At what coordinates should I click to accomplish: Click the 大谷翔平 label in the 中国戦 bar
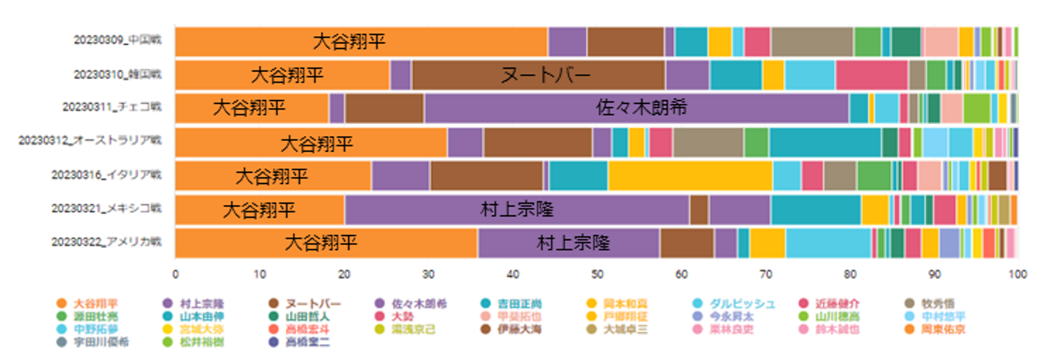click(x=348, y=42)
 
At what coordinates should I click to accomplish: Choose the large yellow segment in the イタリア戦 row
click(x=689, y=176)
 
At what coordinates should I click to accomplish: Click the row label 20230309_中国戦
click(x=118, y=42)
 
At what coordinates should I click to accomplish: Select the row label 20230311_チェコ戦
click(x=116, y=108)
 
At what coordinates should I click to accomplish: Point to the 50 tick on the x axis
click(x=597, y=274)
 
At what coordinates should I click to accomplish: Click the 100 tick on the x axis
click(x=1017, y=274)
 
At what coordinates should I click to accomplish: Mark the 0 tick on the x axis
click(x=175, y=274)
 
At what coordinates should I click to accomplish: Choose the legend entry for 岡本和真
click(x=634, y=304)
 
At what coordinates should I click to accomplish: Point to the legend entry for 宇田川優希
click(x=100, y=342)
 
